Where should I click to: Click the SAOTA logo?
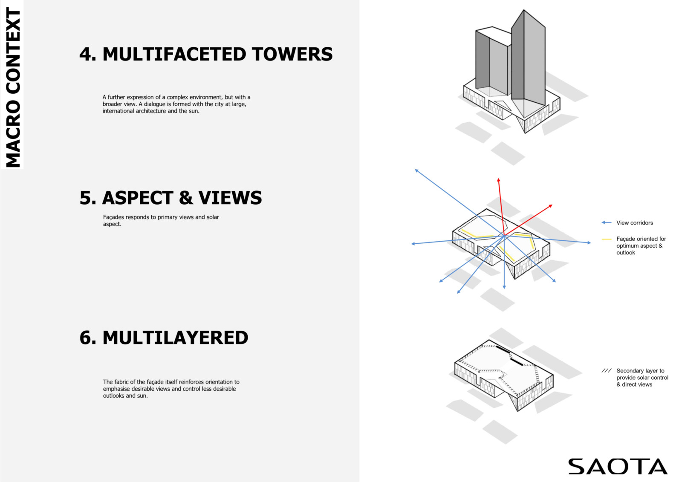618,466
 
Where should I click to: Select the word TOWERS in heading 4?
292,54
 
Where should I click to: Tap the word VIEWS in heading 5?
230,198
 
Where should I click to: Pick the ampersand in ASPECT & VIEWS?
186,198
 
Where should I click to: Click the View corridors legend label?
635,223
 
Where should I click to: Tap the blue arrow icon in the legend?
607,222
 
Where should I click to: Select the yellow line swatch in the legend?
607,239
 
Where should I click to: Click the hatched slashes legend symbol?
606,371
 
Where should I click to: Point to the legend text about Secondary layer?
642,378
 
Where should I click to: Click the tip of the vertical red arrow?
498,179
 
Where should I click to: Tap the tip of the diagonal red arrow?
552,205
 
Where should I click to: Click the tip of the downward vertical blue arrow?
504,289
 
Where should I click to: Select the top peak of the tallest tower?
524,10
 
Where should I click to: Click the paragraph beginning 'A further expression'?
176,104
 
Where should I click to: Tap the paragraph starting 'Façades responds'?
161,220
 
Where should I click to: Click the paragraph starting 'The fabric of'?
171,389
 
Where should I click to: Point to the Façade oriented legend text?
641,246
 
